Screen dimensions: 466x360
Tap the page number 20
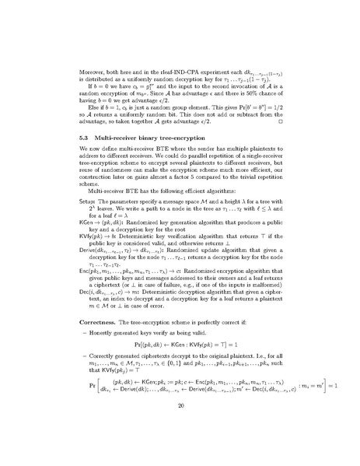[x=180, y=428]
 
